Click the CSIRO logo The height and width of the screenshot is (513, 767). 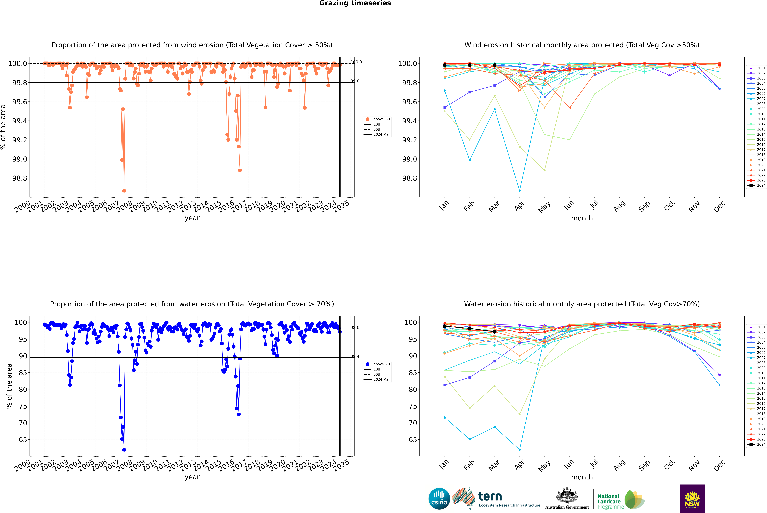click(x=439, y=499)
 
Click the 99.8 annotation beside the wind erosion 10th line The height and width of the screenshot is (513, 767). click(x=355, y=81)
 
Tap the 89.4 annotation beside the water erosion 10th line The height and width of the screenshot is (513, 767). click(x=355, y=356)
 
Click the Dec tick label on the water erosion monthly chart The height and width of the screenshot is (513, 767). click(x=719, y=465)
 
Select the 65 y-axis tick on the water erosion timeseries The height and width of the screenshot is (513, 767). click(x=23, y=440)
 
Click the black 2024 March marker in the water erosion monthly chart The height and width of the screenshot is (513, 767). click(x=494, y=332)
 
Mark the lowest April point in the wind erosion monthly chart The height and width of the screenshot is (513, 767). click(x=520, y=190)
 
